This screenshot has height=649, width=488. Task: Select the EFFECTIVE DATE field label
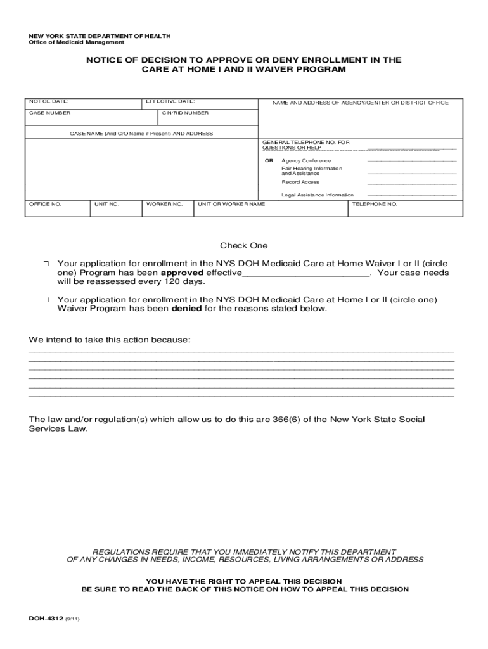(x=170, y=101)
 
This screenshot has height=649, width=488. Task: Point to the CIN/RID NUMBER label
(x=185, y=113)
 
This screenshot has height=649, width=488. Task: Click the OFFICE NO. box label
(x=46, y=205)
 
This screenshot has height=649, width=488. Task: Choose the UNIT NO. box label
(x=106, y=205)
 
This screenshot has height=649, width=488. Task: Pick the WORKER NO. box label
(x=164, y=205)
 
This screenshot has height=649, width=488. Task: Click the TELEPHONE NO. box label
(x=375, y=205)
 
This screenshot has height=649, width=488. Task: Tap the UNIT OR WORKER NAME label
(x=231, y=205)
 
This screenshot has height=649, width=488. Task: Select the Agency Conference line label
(x=306, y=161)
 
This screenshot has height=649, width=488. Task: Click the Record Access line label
(x=300, y=182)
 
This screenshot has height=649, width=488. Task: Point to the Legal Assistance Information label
(x=318, y=195)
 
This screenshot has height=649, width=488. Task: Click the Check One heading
(x=244, y=246)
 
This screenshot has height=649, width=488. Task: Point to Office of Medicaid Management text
(x=75, y=42)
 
